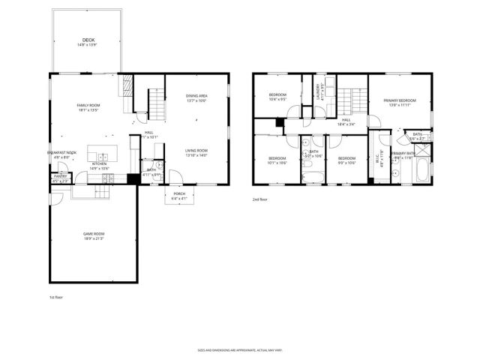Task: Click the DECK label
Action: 88,40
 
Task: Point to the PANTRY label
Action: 60,176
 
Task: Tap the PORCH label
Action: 179,194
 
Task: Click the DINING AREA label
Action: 196,96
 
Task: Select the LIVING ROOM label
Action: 196,151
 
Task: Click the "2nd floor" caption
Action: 260,199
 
